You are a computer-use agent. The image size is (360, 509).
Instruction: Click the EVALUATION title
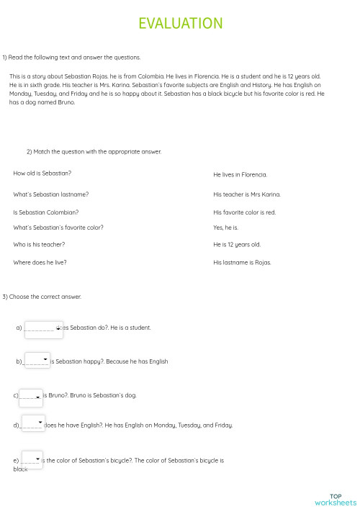tap(180, 24)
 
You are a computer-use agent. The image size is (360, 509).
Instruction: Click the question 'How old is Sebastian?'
tap(42, 174)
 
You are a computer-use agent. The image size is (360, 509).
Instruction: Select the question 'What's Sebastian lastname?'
tap(51, 194)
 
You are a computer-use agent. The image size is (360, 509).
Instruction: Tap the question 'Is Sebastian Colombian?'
tap(46, 212)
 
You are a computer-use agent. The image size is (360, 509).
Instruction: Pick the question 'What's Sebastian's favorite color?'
tap(58, 228)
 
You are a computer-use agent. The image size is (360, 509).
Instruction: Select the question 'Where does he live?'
tap(40, 263)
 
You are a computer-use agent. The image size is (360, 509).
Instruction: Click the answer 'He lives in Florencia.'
tap(240, 175)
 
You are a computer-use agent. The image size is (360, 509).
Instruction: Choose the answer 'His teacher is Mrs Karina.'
tap(247, 194)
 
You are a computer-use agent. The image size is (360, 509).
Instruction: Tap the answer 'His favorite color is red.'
tap(245, 212)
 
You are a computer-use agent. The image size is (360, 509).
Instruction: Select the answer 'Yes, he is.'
tap(225, 228)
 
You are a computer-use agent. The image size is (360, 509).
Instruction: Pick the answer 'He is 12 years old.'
tap(237, 245)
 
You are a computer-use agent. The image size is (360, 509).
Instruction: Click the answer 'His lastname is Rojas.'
tap(242, 263)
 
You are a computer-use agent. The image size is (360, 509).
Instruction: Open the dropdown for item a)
tap(44, 329)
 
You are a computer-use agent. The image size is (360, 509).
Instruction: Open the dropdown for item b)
tap(37, 360)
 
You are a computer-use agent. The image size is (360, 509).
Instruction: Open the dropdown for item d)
tap(33, 423)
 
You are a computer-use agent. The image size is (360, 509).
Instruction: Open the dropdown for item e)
tap(32, 459)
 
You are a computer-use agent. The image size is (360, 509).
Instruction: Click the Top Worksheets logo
tap(335, 499)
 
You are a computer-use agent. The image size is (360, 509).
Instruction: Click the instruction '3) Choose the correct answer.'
tap(42, 297)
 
